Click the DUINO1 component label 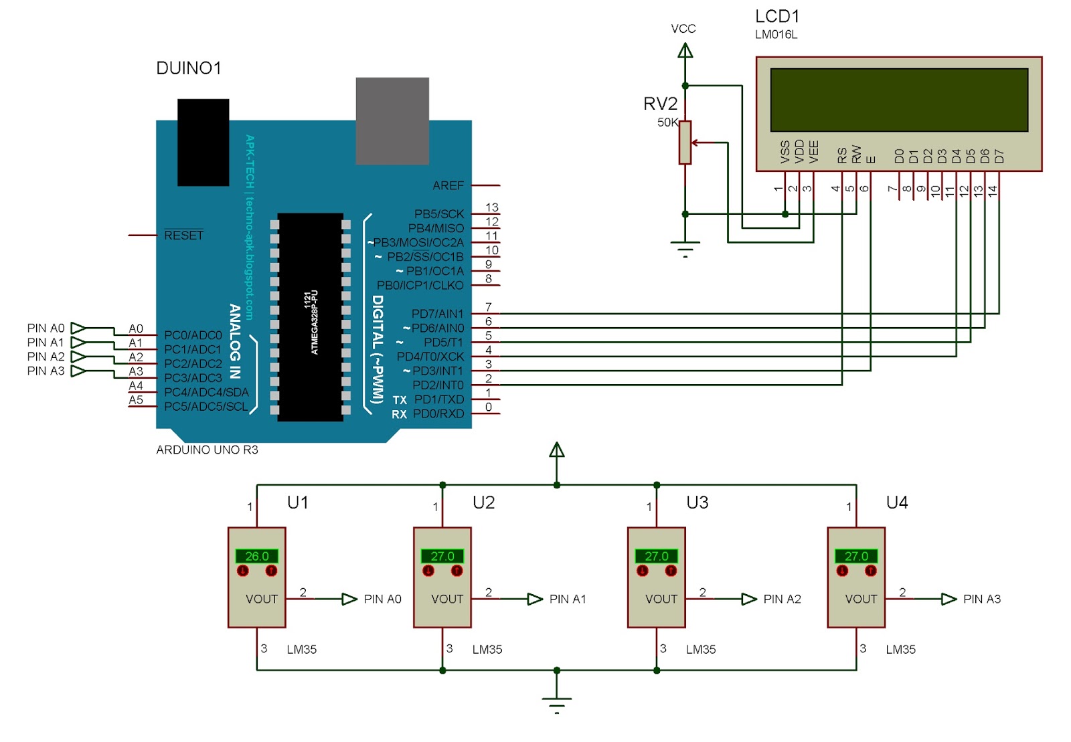click(188, 68)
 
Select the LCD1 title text click(776, 16)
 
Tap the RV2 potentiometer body click(684, 143)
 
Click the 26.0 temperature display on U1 click(256, 556)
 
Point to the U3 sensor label click(697, 502)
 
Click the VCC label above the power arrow click(683, 29)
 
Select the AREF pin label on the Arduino click(448, 185)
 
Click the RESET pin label click(183, 236)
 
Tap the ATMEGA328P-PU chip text click(314, 322)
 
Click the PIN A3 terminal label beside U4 click(981, 599)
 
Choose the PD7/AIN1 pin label click(437, 314)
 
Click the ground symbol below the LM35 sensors click(556, 702)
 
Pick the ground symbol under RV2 click(685, 248)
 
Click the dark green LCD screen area click(898, 100)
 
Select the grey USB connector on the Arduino click(392, 120)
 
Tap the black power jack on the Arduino click(203, 142)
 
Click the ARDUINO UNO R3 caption click(207, 450)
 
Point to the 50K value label click(667, 122)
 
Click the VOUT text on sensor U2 click(446, 599)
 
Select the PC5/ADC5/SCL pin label click(205, 406)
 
